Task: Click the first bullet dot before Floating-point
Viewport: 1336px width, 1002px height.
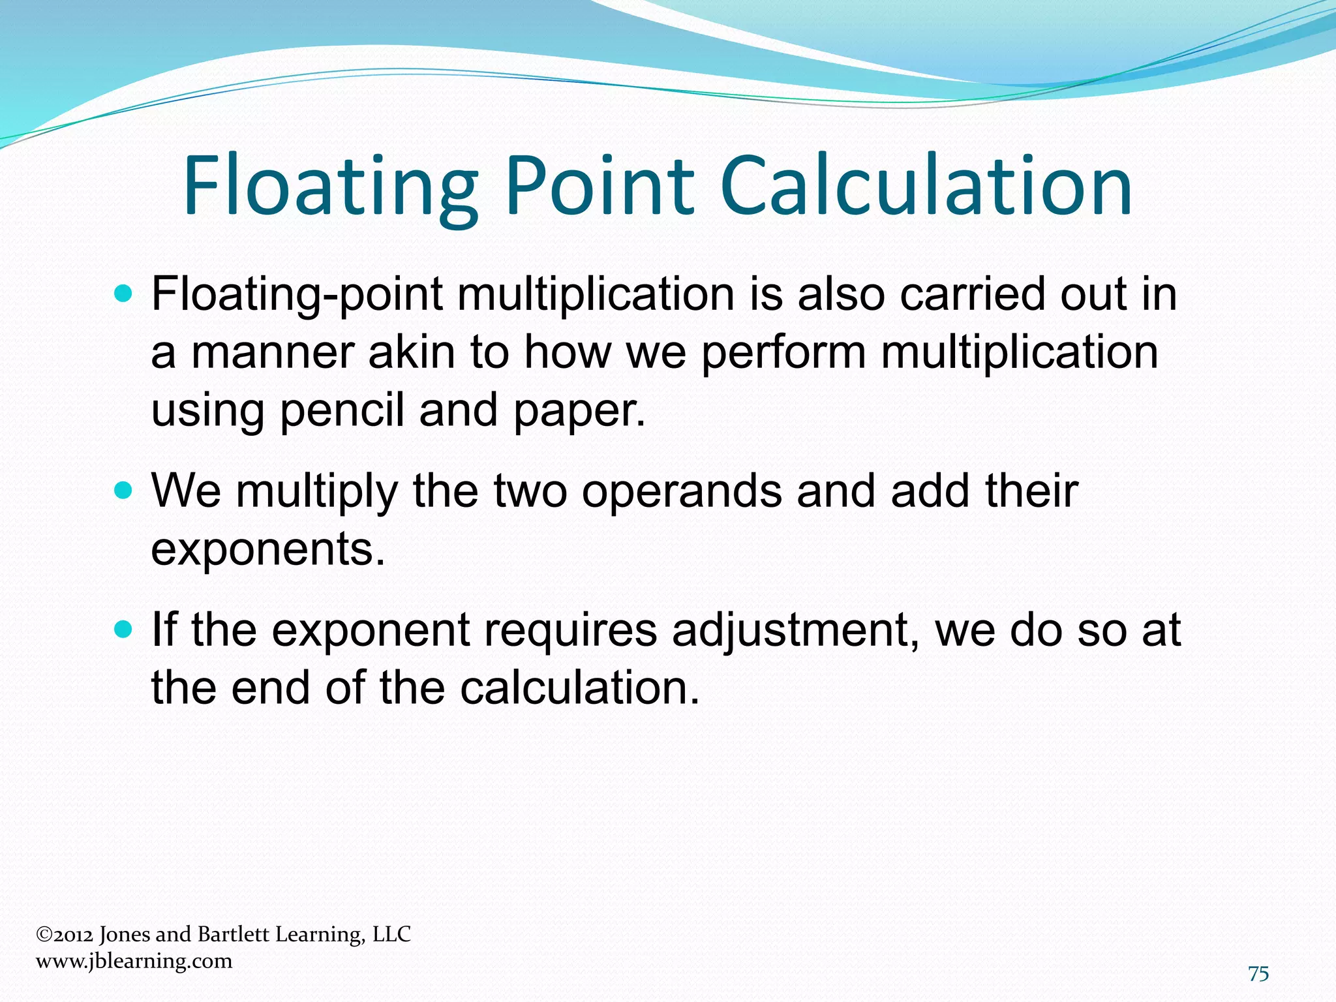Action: point(123,294)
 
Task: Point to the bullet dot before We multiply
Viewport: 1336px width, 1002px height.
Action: point(123,490)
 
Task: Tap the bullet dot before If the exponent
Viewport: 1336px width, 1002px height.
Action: point(123,630)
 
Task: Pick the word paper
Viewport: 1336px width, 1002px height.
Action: point(579,411)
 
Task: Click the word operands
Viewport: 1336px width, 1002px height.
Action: point(682,491)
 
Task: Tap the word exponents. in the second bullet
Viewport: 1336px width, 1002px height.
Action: point(268,549)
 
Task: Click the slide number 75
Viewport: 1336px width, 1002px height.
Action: point(1258,974)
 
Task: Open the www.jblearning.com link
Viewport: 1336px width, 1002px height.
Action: point(134,961)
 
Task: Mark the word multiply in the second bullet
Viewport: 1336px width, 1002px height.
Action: point(317,491)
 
